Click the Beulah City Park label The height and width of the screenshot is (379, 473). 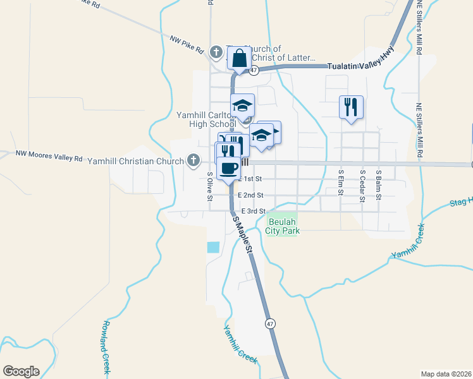click(283, 226)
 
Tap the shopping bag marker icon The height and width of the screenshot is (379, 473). click(240, 59)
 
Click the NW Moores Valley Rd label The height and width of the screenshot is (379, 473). click(49, 153)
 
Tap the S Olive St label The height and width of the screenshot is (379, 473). click(210, 186)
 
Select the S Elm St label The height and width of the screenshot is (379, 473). click(341, 182)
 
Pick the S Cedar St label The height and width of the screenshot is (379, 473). click(362, 185)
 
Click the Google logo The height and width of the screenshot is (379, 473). click(21, 371)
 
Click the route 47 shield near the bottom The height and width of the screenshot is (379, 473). click(270, 323)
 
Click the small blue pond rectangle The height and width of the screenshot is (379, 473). click(214, 248)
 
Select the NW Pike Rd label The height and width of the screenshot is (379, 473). click(187, 44)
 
